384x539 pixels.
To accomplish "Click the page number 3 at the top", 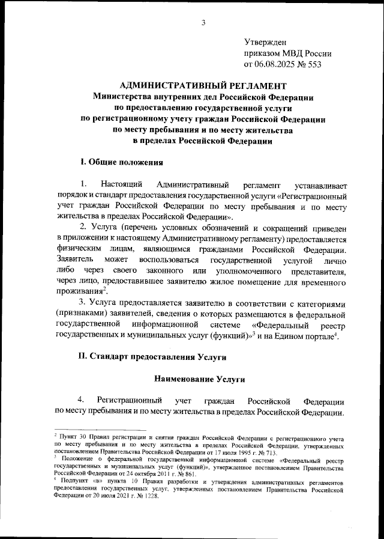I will pyautogui.click(x=203, y=23).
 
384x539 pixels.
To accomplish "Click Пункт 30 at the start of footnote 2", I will pyautogui.click(x=70, y=434).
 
